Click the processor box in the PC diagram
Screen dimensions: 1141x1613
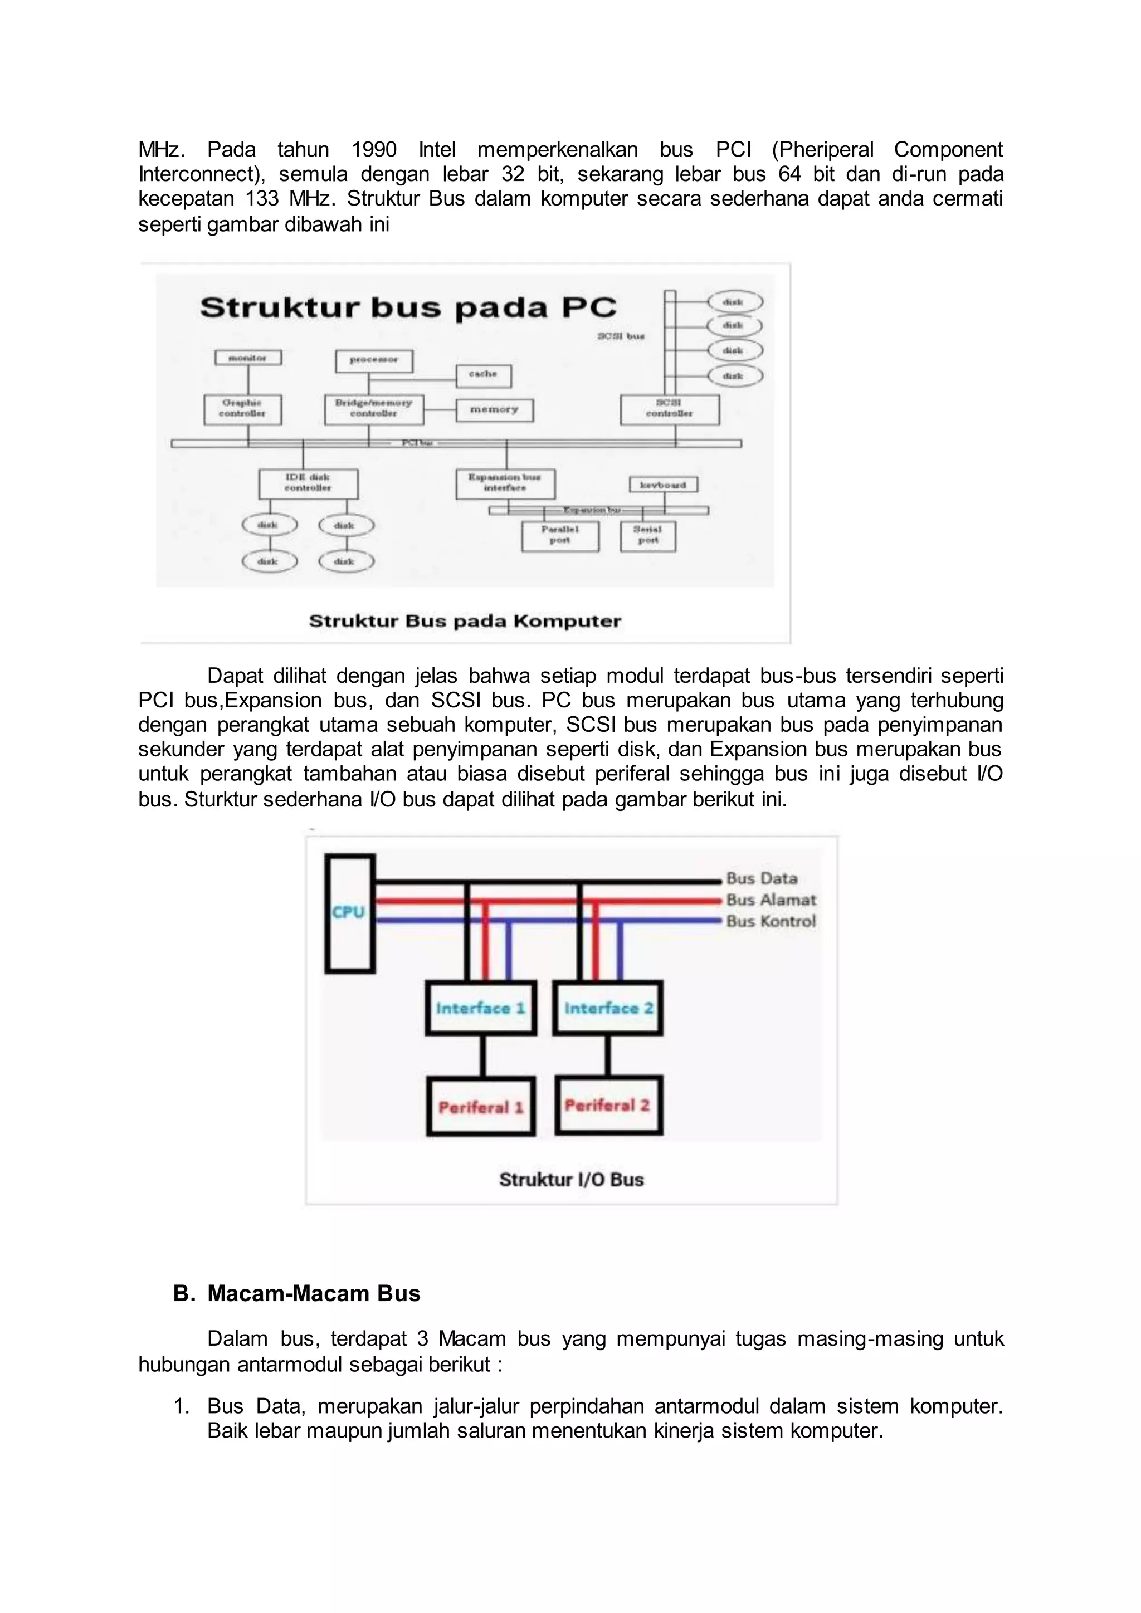(x=374, y=360)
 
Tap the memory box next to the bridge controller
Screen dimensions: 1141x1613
(x=494, y=409)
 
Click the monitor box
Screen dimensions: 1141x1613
(x=248, y=358)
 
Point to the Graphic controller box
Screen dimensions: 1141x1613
(x=242, y=409)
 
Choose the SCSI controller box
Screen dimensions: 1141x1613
(x=669, y=409)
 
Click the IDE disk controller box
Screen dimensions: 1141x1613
(x=308, y=483)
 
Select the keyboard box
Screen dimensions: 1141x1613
(x=662, y=485)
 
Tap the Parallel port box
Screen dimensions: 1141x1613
(x=560, y=535)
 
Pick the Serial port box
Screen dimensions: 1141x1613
(x=648, y=535)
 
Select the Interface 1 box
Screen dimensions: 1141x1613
(x=481, y=1008)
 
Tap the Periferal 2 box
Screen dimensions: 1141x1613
(x=608, y=1105)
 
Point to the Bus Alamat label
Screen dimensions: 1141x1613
(x=771, y=900)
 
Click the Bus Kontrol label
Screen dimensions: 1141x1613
(x=771, y=922)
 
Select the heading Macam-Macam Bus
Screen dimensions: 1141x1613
(x=313, y=1293)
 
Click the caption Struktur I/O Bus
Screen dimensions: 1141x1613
(x=571, y=1180)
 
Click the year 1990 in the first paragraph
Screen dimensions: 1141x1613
(x=374, y=150)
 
